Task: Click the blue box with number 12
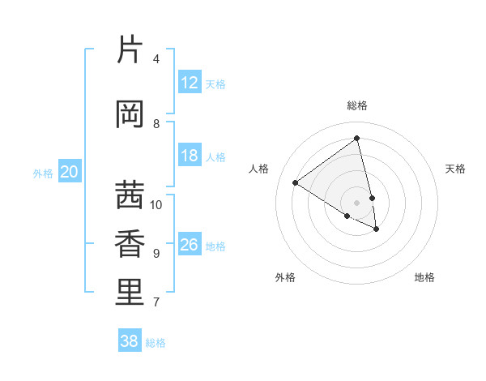pyautogui.click(x=190, y=83)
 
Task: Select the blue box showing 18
pyautogui.click(x=190, y=156)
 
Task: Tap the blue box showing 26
pyautogui.click(x=190, y=245)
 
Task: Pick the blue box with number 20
pyautogui.click(x=70, y=172)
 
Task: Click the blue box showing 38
pyautogui.click(x=130, y=341)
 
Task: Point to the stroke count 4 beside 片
pyautogui.click(x=156, y=59)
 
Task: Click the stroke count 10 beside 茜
pyautogui.click(x=156, y=205)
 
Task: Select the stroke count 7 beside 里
pyautogui.click(x=156, y=302)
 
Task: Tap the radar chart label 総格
pyautogui.click(x=357, y=105)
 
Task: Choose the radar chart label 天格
pyautogui.click(x=455, y=169)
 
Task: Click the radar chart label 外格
pyautogui.click(x=285, y=277)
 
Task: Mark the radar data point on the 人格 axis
pyautogui.click(x=296, y=182)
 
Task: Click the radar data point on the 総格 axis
pyautogui.click(x=357, y=139)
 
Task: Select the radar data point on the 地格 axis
pyautogui.click(x=377, y=229)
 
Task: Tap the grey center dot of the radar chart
pyautogui.click(x=357, y=202)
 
